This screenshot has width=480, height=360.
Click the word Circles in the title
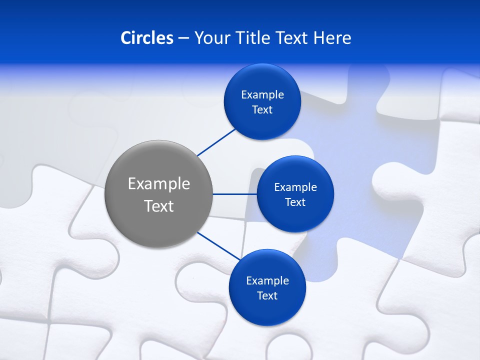pyautogui.click(x=147, y=38)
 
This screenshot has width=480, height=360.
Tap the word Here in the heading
pyautogui.click(x=332, y=38)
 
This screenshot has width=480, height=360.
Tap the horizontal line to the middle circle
pyautogui.click(x=235, y=194)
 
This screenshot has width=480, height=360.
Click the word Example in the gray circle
pyautogui.click(x=159, y=184)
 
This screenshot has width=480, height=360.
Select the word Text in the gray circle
pyautogui.click(x=159, y=206)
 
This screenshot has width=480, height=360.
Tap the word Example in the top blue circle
pyautogui.click(x=262, y=95)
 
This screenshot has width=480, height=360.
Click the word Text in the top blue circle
pyautogui.click(x=262, y=110)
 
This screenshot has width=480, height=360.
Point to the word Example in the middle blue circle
pyautogui.click(x=295, y=187)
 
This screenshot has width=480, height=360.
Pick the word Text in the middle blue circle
pyautogui.click(x=295, y=202)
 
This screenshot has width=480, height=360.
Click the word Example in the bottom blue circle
pyautogui.click(x=267, y=281)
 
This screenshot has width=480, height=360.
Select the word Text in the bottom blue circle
pyautogui.click(x=267, y=296)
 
